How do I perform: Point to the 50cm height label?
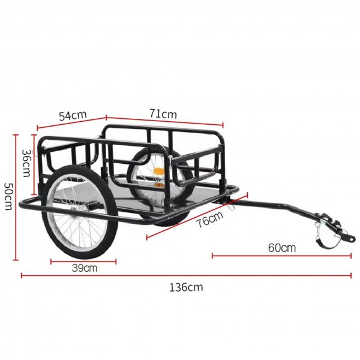pos(7,196)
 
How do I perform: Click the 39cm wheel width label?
pos(84,268)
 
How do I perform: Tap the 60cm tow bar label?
pos(282,247)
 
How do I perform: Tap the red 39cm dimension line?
pos(84,260)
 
